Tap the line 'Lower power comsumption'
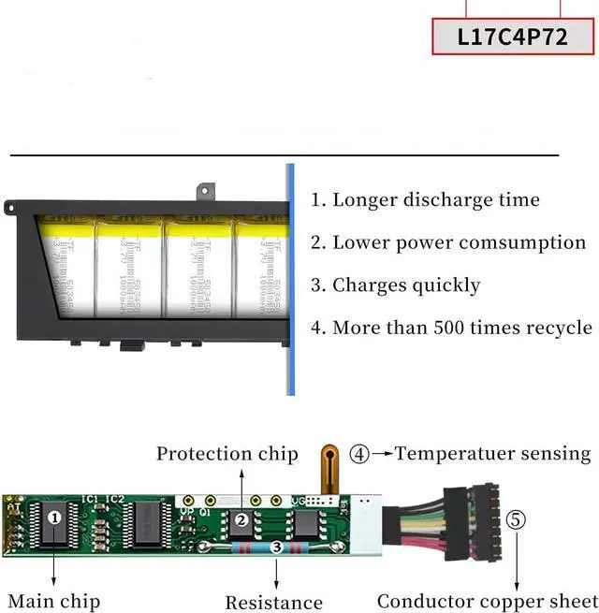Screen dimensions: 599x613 tap(448, 242)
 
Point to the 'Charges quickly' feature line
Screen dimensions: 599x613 tap(395, 285)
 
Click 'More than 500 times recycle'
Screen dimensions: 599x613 tap(452, 328)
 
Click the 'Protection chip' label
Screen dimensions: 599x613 tap(226, 455)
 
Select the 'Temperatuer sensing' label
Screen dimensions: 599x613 tap(493, 454)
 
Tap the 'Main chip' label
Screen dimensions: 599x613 tap(53, 601)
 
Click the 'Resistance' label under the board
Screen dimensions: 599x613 tap(274, 603)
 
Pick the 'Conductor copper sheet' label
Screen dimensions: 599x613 tap(486, 601)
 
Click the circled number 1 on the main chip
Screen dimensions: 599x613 tap(55, 517)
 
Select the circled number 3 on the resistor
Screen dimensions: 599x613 tap(275, 547)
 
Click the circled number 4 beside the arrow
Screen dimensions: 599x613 tap(359, 455)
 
